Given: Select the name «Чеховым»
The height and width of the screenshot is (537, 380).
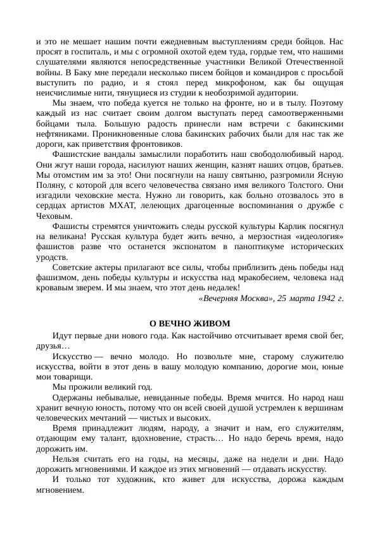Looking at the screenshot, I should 54,215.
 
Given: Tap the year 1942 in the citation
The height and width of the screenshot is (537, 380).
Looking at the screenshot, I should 326,298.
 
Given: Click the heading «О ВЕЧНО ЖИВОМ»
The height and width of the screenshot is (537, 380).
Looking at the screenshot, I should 189,323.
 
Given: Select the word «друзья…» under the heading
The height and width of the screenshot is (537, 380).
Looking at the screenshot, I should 53,346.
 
